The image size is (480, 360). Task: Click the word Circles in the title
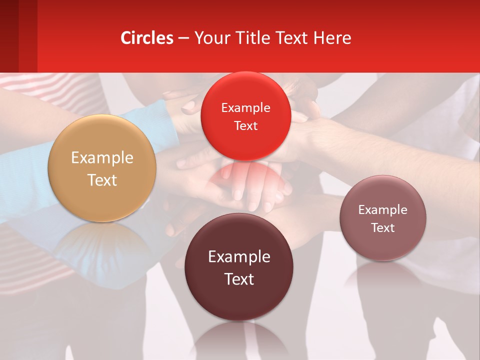[x=147, y=38]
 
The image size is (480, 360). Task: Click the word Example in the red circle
[x=245, y=107]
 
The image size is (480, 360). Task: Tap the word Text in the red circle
[x=245, y=125]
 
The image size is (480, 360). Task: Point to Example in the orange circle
[x=102, y=158]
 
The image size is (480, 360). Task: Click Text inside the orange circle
[x=102, y=180]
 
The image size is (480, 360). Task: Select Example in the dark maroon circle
[x=239, y=257]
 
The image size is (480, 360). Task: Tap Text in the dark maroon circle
[x=239, y=279]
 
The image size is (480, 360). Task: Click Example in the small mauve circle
[x=383, y=209]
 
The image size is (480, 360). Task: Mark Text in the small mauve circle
[x=383, y=227]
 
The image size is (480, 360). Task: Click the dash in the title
[x=183, y=38]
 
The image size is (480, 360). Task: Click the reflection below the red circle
[x=245, y=180]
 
